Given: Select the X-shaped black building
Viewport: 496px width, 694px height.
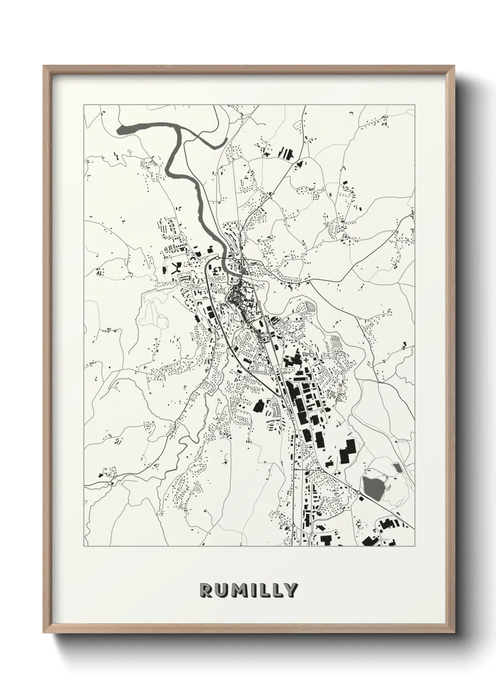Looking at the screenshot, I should pyautogui.click(x=178, y=269).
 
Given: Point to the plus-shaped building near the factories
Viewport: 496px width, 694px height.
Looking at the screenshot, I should pyautogui.click(x=307, y=360).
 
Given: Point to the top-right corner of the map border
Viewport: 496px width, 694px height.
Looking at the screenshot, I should pyautogui.click(x=414, y=105).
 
